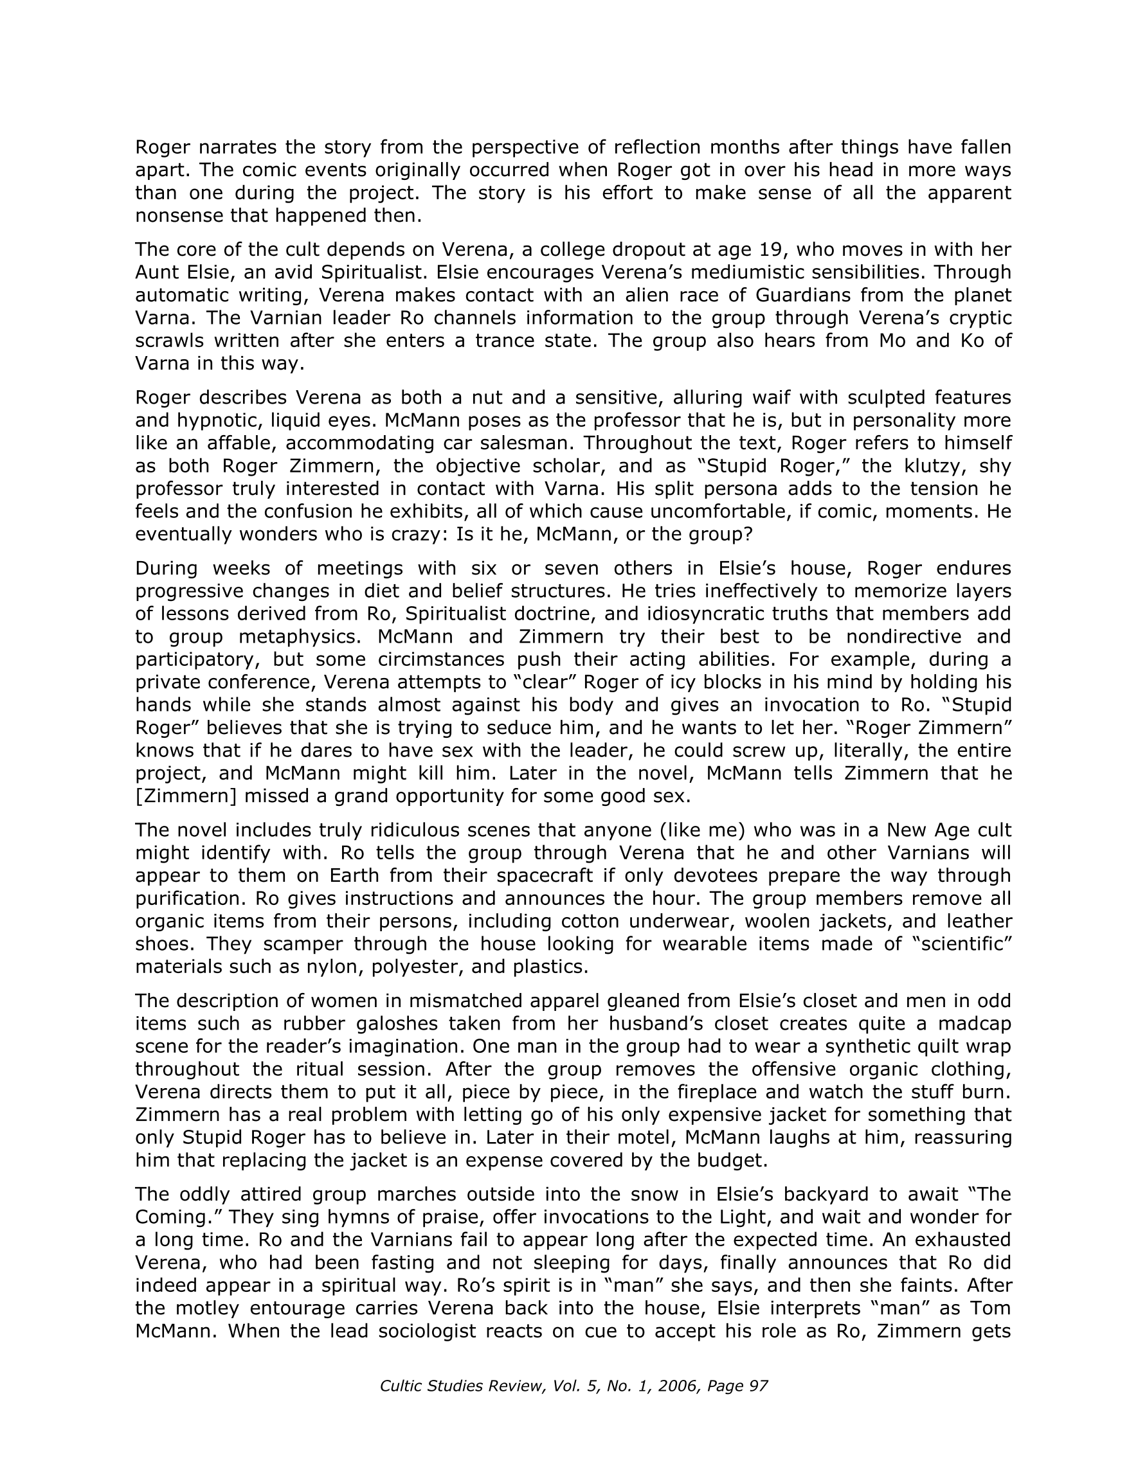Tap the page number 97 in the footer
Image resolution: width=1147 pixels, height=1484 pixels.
(x=757, y=1386)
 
